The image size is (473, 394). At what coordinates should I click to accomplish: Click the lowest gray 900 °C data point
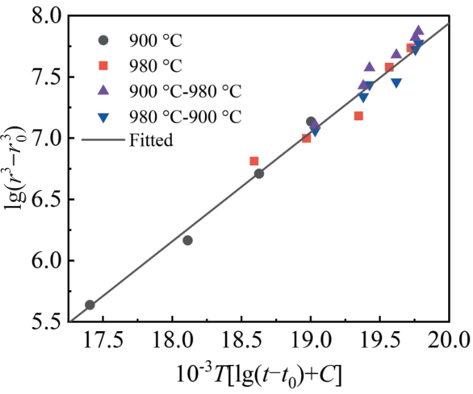[x=89, y=305]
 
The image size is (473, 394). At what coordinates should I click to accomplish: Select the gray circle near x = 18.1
[x=188, y=241]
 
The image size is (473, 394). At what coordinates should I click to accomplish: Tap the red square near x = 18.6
[x=254, y=161]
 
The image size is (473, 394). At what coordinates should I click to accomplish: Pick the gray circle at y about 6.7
[x=259, y=173]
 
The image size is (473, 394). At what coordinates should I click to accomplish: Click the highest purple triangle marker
[x=418, y=30]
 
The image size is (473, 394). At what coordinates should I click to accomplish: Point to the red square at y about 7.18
[x=359, y=116]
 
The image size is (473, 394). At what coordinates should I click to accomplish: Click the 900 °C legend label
[x=155, y=39]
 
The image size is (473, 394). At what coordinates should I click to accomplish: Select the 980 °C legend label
[x=155, y=66]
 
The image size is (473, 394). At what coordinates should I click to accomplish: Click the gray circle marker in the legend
[x=104, y=40]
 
